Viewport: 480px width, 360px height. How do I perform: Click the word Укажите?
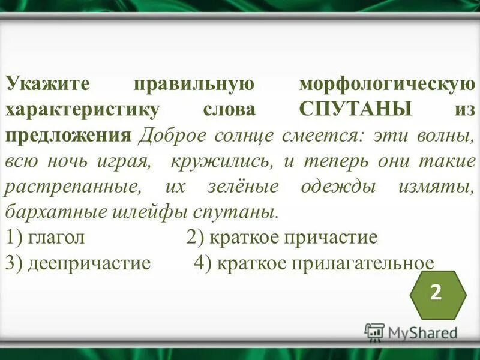(44, 83)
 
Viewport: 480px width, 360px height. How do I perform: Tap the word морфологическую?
(386, 83)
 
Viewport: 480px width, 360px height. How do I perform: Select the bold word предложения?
(68, 136)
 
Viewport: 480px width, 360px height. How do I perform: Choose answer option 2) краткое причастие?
(282, 238)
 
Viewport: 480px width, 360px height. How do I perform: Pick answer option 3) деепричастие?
(77, 263)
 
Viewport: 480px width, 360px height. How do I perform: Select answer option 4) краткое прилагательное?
(313, 263)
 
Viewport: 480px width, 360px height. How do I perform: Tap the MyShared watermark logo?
(410, 332)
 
